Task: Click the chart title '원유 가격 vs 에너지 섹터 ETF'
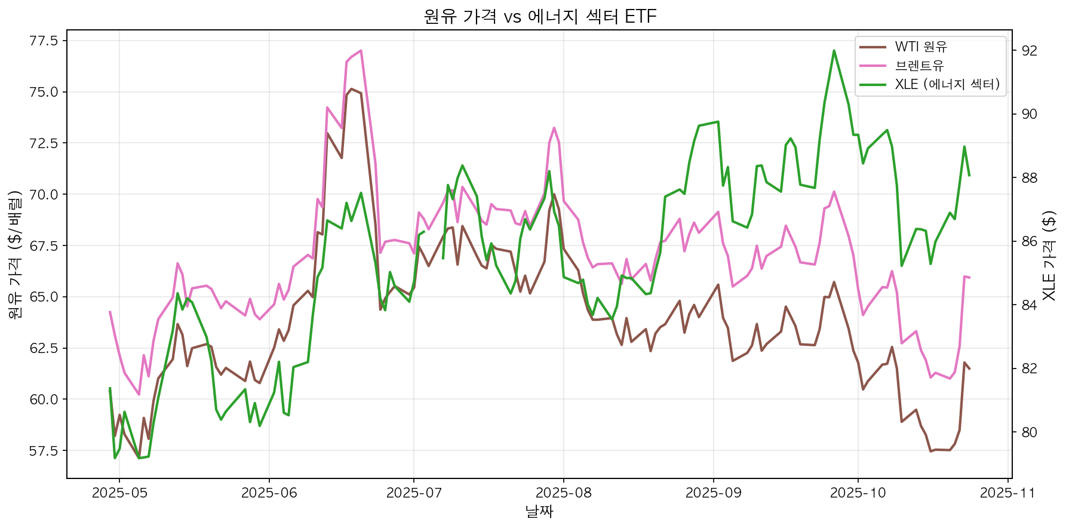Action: [539, 16]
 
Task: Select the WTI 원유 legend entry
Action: [921, 47]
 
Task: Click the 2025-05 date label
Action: [119, 493]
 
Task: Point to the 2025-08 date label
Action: [563, 493]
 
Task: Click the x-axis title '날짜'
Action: [539, 512]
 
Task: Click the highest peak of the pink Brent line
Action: [361, 51]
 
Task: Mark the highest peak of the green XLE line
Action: [834, 51]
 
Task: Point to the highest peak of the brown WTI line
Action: [351, 89]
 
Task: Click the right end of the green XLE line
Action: [969, 176]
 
